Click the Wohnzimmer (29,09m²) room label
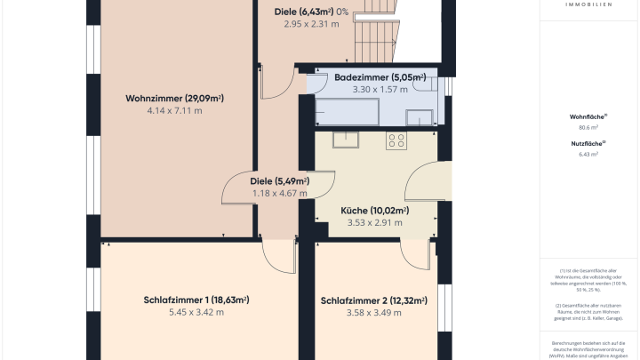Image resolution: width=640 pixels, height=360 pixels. click(x=174, y=98)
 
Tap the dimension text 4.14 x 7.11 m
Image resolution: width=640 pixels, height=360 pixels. click(x=174, y=111)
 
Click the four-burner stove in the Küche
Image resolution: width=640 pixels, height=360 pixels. click(x=396, y=140)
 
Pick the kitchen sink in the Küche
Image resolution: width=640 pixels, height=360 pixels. click(x=344, y=139)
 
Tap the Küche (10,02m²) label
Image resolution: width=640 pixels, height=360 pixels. click(x=374, y=211)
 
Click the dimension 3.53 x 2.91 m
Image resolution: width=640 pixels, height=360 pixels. click(x=374, y=223)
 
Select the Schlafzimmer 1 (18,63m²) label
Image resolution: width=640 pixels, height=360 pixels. click(x=196, y=300)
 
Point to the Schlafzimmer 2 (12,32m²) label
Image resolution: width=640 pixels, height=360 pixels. click(x=374, y=300)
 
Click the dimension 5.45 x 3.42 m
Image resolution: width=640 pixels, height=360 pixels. click(x=196, y=313)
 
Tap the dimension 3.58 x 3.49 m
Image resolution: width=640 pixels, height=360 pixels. click(x=374, y=313)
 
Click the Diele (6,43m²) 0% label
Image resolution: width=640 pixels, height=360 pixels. click(x=311, y=11)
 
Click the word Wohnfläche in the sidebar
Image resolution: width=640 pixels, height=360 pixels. click(x=588, y=116)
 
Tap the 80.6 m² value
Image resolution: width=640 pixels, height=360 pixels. click(x=588, y=128)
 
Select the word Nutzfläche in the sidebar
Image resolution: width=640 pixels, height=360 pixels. click(x=588, y=143)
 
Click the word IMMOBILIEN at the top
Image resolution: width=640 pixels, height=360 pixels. click(x=588, y=4)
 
